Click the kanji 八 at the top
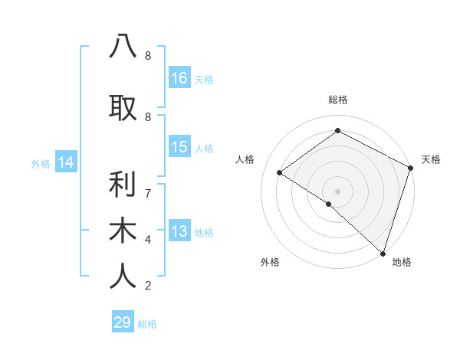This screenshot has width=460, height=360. [x=123, y=46]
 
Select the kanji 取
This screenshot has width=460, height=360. [x=123, y=108]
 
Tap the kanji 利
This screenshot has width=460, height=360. [x=123, y=184]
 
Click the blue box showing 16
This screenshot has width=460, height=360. [x=179, y=77]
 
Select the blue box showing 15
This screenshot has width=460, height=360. [x=179, y=147]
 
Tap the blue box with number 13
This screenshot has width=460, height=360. [x=179, y=232]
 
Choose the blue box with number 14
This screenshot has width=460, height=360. [x=66, y=162]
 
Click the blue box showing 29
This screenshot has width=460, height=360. [x=123, y=322]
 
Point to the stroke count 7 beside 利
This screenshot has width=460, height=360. [x=147, y=192]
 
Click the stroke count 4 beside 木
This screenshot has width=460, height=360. [x=147, y=239]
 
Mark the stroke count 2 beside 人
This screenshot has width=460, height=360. [x=147, y=286]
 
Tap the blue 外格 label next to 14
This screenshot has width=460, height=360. [x=41, y=163]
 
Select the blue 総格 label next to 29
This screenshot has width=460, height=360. [x=148, y=324]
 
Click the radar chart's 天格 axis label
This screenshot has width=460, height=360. [x=431, y=159]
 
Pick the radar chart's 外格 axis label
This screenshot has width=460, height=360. [x=270, y=262]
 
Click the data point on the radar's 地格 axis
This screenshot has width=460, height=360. [x=383, y=253]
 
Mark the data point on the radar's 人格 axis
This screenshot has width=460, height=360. [x=280, y=172]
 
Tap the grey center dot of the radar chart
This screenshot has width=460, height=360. [x=337, y=191]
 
